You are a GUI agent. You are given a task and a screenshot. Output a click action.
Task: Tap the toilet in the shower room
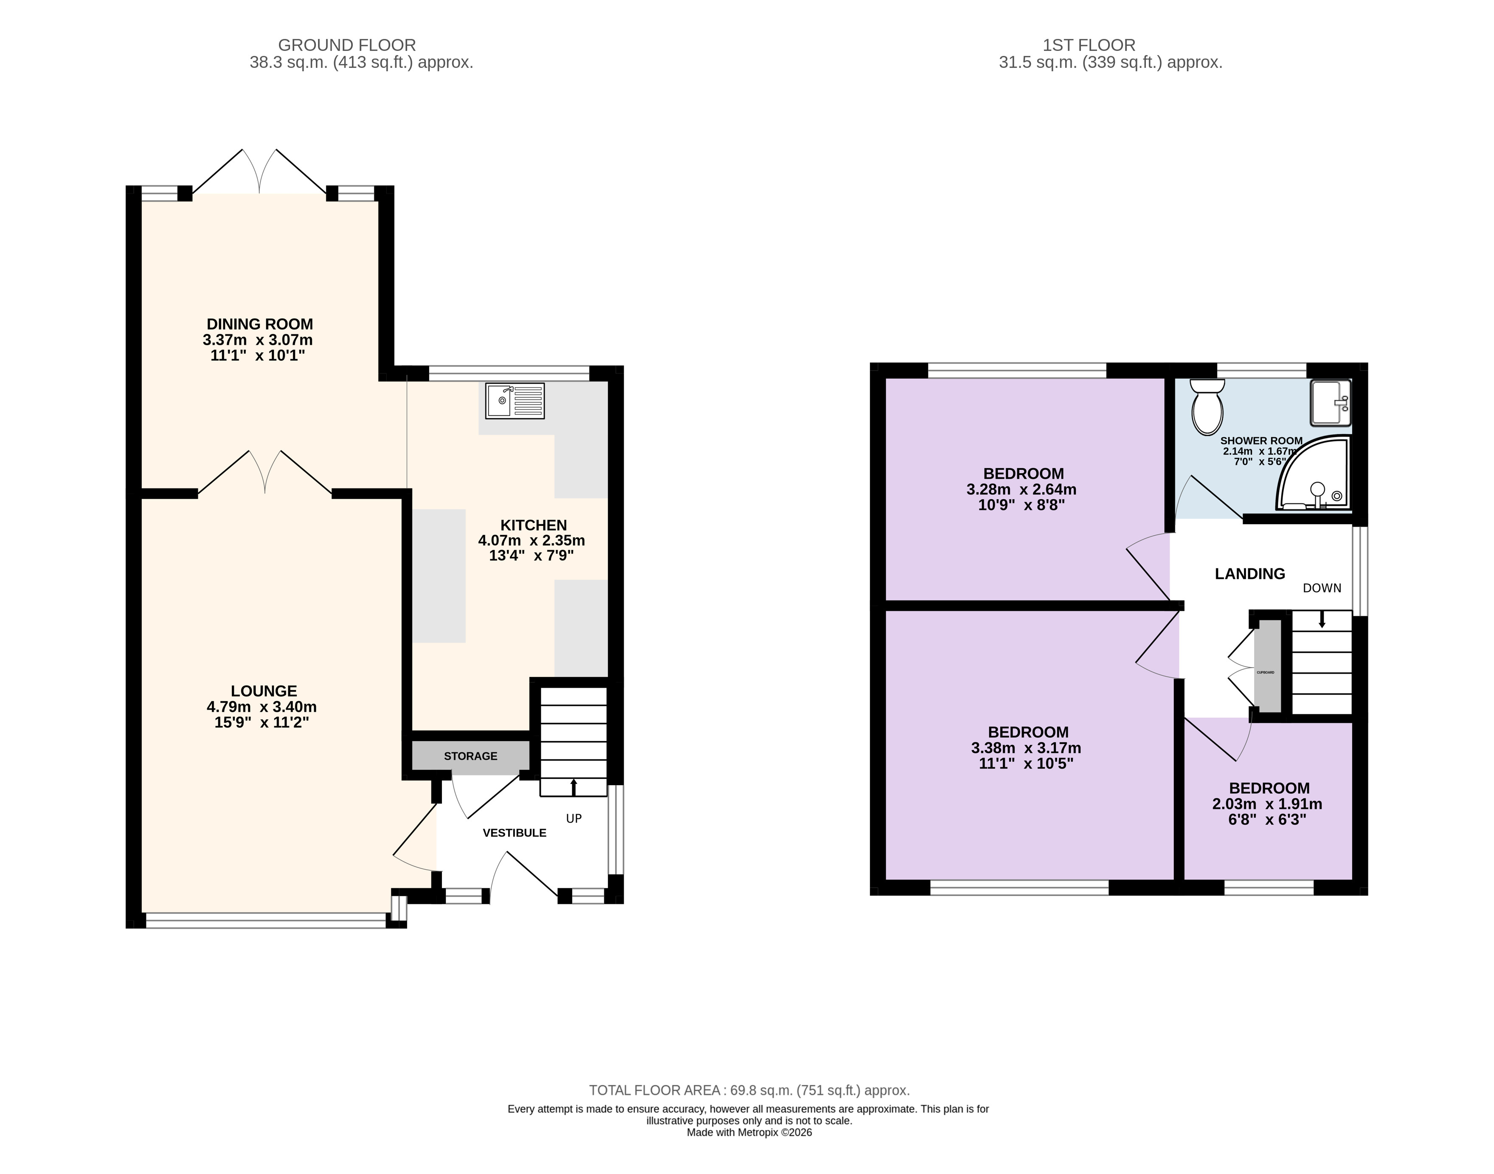(1207, 407)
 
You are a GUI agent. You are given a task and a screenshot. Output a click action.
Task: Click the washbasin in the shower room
(1331, 403)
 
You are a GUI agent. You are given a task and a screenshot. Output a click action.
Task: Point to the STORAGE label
(470, 756)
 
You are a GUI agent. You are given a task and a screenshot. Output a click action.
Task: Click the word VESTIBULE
(514, 833)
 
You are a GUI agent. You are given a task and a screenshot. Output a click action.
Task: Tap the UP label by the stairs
(574, 819)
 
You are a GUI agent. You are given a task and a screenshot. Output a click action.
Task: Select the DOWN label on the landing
(1322, 588)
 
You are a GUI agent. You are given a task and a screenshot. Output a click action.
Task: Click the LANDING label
(1250, 574)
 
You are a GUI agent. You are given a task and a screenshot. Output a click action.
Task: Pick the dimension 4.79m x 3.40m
(262, 707)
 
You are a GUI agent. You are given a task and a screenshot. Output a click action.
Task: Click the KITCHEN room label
(534, 525)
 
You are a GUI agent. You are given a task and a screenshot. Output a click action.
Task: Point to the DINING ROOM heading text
(260, 324)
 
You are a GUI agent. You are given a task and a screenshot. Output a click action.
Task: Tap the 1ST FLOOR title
(1089, 45)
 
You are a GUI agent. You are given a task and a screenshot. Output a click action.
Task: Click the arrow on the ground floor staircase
(574, 787)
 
